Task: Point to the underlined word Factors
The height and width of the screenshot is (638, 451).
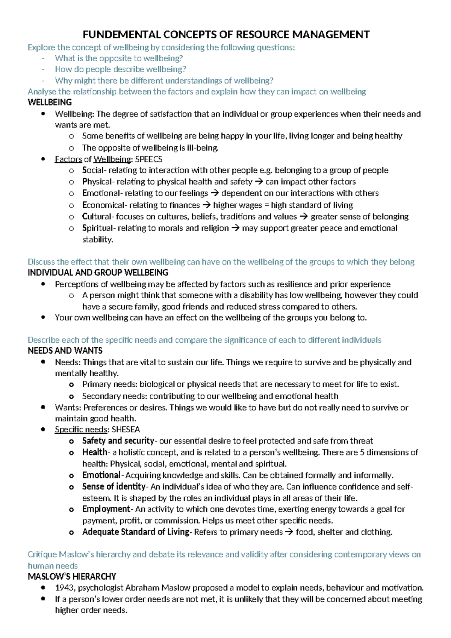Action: pos(68,159)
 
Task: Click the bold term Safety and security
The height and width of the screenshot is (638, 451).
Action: pos(118,441)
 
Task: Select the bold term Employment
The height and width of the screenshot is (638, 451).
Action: pos(106,509)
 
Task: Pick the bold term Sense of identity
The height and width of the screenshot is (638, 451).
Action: pos(114,486)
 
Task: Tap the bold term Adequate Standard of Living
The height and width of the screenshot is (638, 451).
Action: pos(136,532)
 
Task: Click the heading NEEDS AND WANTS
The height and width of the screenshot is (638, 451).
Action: pos(65,351)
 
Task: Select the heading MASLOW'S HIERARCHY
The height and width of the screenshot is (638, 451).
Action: pos(72,576)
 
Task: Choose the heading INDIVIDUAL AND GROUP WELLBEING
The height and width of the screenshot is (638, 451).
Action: pos(98,272)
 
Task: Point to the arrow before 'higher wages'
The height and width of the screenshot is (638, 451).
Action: pos(206,205)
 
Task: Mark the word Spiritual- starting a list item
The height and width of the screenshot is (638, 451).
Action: pos(99,228)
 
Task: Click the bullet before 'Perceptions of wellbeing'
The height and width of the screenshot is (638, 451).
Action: pos(43,284)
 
